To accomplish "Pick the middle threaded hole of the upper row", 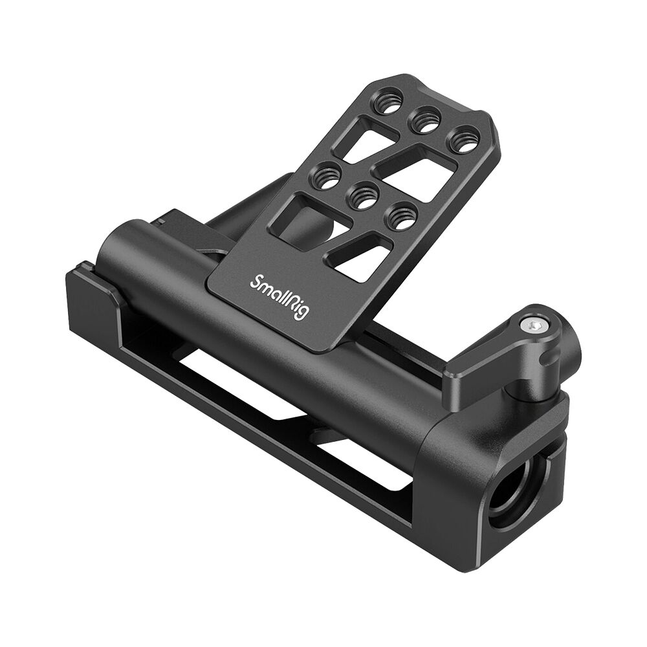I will (x=426, y=122).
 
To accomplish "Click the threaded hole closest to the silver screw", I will (x=400, y=217).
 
